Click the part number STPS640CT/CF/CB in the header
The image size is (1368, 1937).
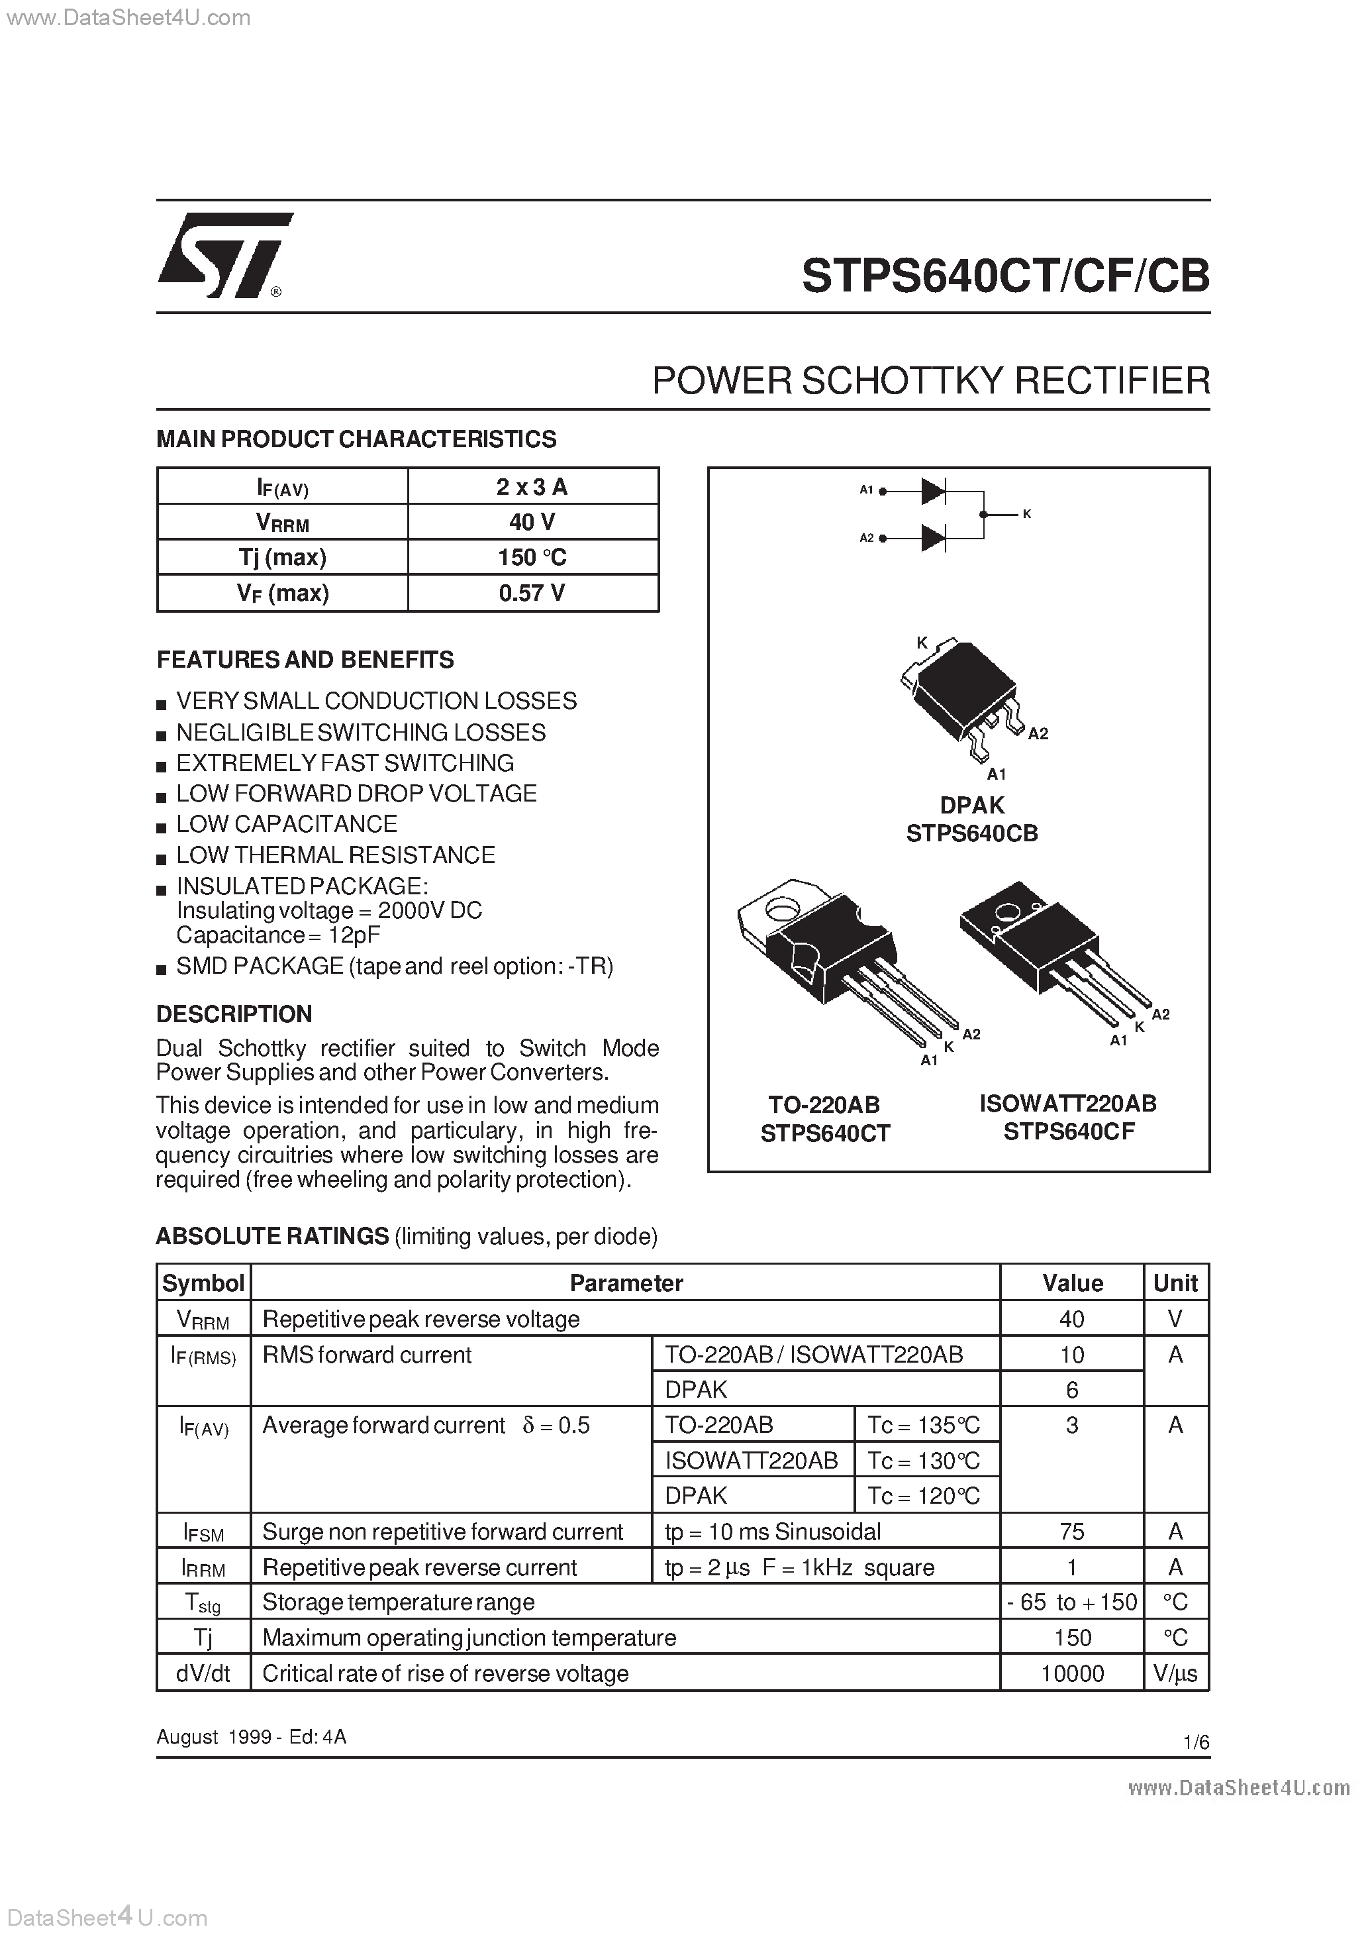[1004, 276]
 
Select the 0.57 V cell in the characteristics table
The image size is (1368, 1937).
[532, 593]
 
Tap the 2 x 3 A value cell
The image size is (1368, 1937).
[532, 487]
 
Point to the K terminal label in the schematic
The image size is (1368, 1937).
[1026, 514]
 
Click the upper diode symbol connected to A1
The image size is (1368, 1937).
[933, 490]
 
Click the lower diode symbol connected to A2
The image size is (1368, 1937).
[933, 537]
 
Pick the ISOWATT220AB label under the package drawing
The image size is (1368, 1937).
[1068, 1104]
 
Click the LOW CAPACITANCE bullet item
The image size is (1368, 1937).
[286, 823]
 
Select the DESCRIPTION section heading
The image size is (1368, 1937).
[234, 1014]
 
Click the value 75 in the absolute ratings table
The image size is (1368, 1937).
[1072, 1531]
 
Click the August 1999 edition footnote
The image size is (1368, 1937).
[252, 1737]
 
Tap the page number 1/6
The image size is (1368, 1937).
[1196, 1742]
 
